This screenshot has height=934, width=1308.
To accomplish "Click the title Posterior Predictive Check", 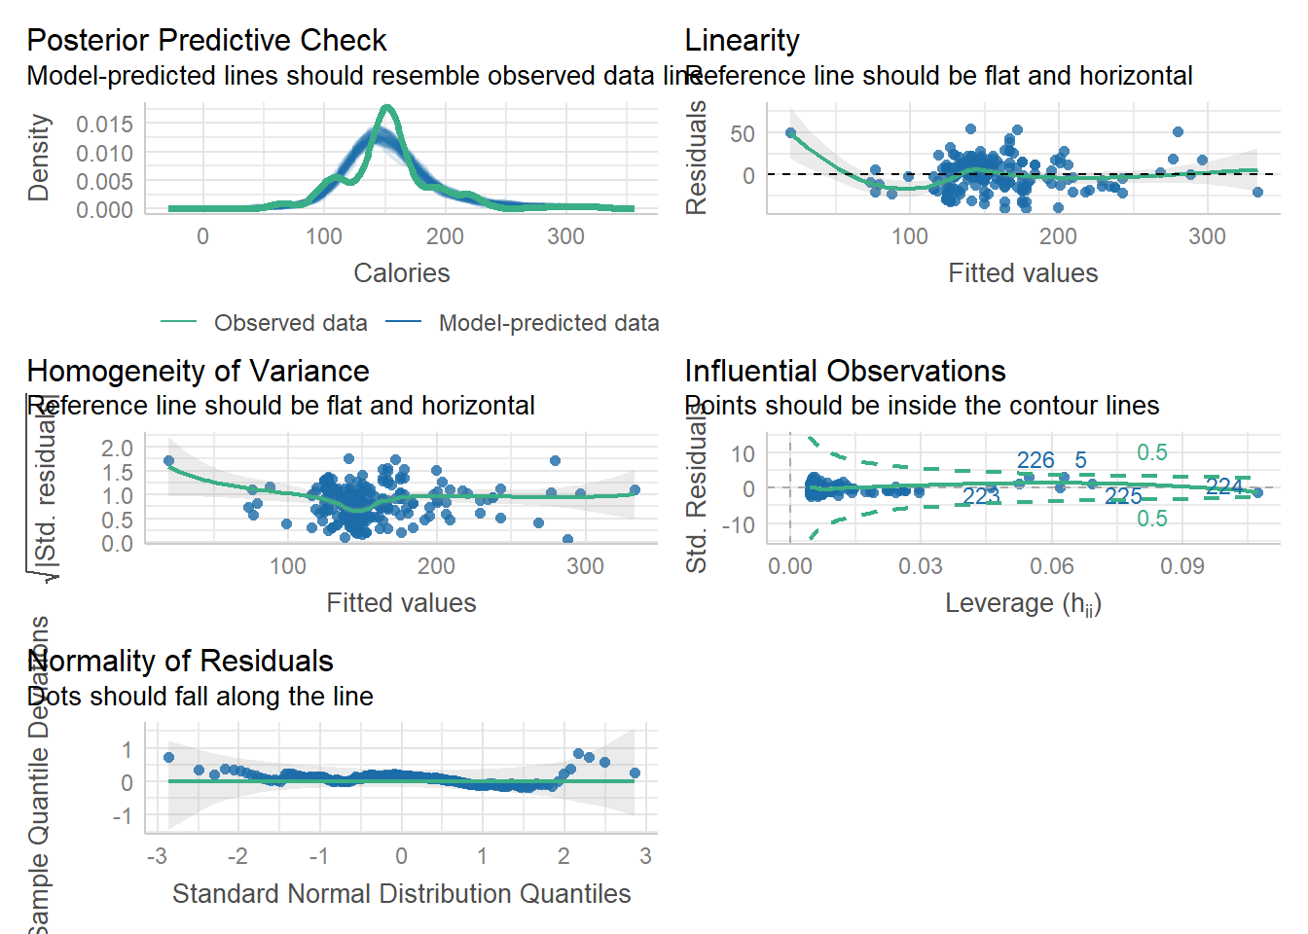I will [x=206, y=40].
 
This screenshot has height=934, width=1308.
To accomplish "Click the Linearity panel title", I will [x=742, y=40].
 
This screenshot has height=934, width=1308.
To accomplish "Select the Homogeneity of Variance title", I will [x=198, y=371].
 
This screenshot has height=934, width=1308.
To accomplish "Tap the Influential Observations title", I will [x=845, y=371].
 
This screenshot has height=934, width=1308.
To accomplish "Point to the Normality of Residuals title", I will [x=180, y=661].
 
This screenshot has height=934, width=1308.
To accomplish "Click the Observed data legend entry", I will [x=290, y=323].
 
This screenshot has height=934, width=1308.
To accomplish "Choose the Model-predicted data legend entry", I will [x=548, y=323].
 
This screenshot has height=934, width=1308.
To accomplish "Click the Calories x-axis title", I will [x=401, y=273].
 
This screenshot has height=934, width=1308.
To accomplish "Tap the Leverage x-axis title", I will [x=1023, y=603].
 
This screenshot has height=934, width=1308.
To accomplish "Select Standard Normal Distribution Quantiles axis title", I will [x=401, y=893].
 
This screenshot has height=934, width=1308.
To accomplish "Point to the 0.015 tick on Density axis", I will [x=104, y=125].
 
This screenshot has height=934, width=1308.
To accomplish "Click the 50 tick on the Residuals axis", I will [x=743, y=133].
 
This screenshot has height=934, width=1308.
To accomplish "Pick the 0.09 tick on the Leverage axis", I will [x=1181, y=566].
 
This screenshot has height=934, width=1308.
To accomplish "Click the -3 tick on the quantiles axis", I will [x=157, y=856].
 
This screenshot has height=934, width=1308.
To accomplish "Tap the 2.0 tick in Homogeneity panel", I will [x=117, y=449].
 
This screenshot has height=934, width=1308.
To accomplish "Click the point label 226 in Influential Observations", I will [x=1035, y=460].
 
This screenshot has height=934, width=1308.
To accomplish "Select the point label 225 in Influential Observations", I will [x=1123, y=497].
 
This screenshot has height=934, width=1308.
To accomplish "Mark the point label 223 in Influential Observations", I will [x=981, y=496].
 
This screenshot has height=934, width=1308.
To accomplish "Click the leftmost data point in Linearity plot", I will [x=790, y=133].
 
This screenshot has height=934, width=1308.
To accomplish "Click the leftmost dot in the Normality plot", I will [x=168, y=757].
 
